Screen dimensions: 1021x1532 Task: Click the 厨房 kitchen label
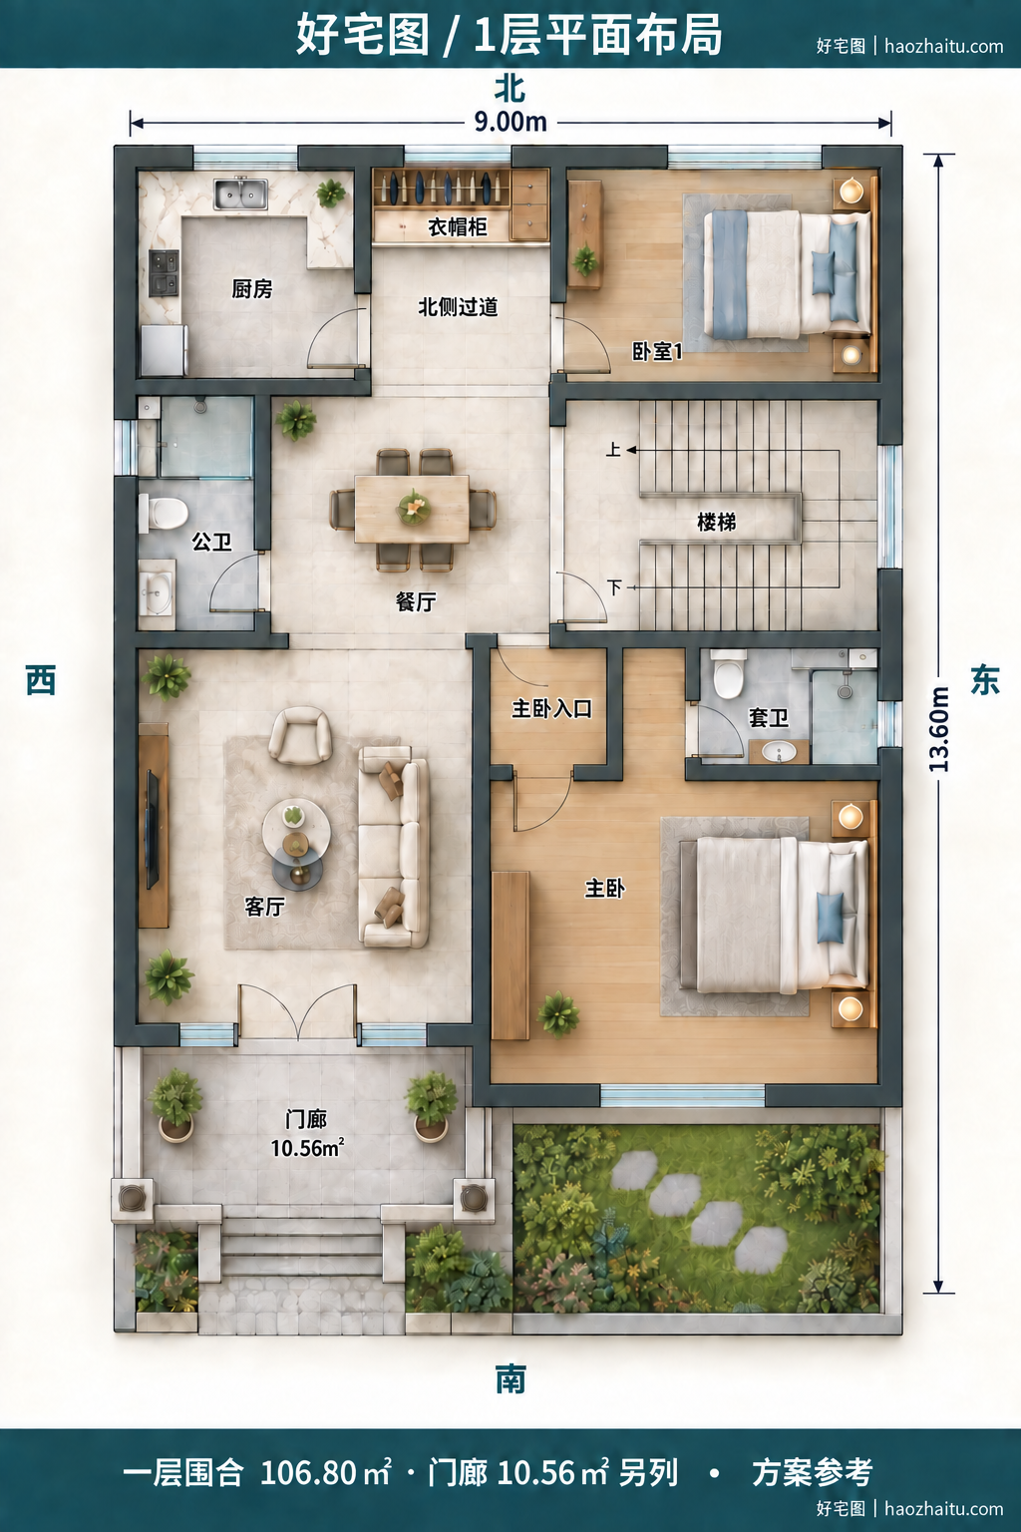click(251, 288)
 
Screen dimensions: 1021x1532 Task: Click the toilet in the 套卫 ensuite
click(728, 674)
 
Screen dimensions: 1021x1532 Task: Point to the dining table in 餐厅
click(412, 509)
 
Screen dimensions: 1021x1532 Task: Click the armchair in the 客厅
click(300, 735)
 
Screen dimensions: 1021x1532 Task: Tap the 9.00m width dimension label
click(510, 123)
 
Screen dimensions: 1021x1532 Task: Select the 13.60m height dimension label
click(939, 729)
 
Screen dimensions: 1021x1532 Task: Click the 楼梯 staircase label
click(716, 522)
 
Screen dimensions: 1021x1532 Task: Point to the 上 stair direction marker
click(613, 450)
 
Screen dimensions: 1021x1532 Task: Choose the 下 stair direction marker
click(615, 586)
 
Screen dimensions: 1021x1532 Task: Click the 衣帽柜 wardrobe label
click(458, 227)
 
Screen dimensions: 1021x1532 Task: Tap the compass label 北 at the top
click(510, 88)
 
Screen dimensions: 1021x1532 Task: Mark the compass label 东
click(985, 680)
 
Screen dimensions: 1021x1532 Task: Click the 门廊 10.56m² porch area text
click(306, 1134)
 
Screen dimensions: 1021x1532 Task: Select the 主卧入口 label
click(551, 708)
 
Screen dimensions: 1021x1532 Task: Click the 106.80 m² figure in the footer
click(325, 1472)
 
